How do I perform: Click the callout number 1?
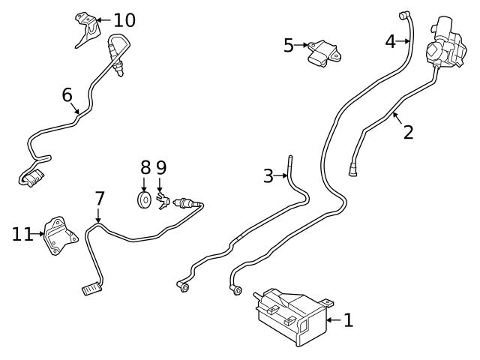pyautogui.click(x=347, y=320)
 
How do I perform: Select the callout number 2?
pyautogui.click(x=408, y=133)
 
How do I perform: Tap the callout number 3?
pyautogui.click(x=268, y=177)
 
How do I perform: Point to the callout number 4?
pyautogui.click(x=390, y=41)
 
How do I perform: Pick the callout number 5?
pyautogui.click(x=289, y=46)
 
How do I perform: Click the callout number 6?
pyautogui.click(x=67, y=95)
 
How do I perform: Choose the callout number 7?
pyautogui.click(x=99, y=199)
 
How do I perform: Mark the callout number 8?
pyautogui.click(x=145, y=167)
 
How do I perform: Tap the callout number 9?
pyautogui.click(x=161, y=167)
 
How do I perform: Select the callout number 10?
pyautogui.click(x=124, y=20)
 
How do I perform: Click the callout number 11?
pyautogui.click(x=22, y=235)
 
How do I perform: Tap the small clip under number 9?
pyautogui.click(x=163, y=200)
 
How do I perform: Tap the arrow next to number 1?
pyautogui.click(x=332, y=320)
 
